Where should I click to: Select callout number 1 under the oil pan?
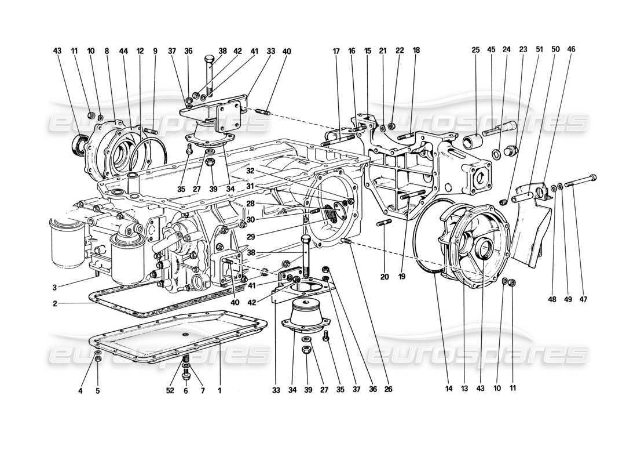pyautogui.click(x=219, y=390)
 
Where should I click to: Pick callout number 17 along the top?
pyautogui.click(x=335, y=51)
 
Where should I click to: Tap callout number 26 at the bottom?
pyautogui.click(x=388, y=390)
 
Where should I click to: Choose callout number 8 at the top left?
pyautogui.click(x=107, y=51)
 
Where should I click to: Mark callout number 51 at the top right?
pyautogui.click(x=540, y=51)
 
